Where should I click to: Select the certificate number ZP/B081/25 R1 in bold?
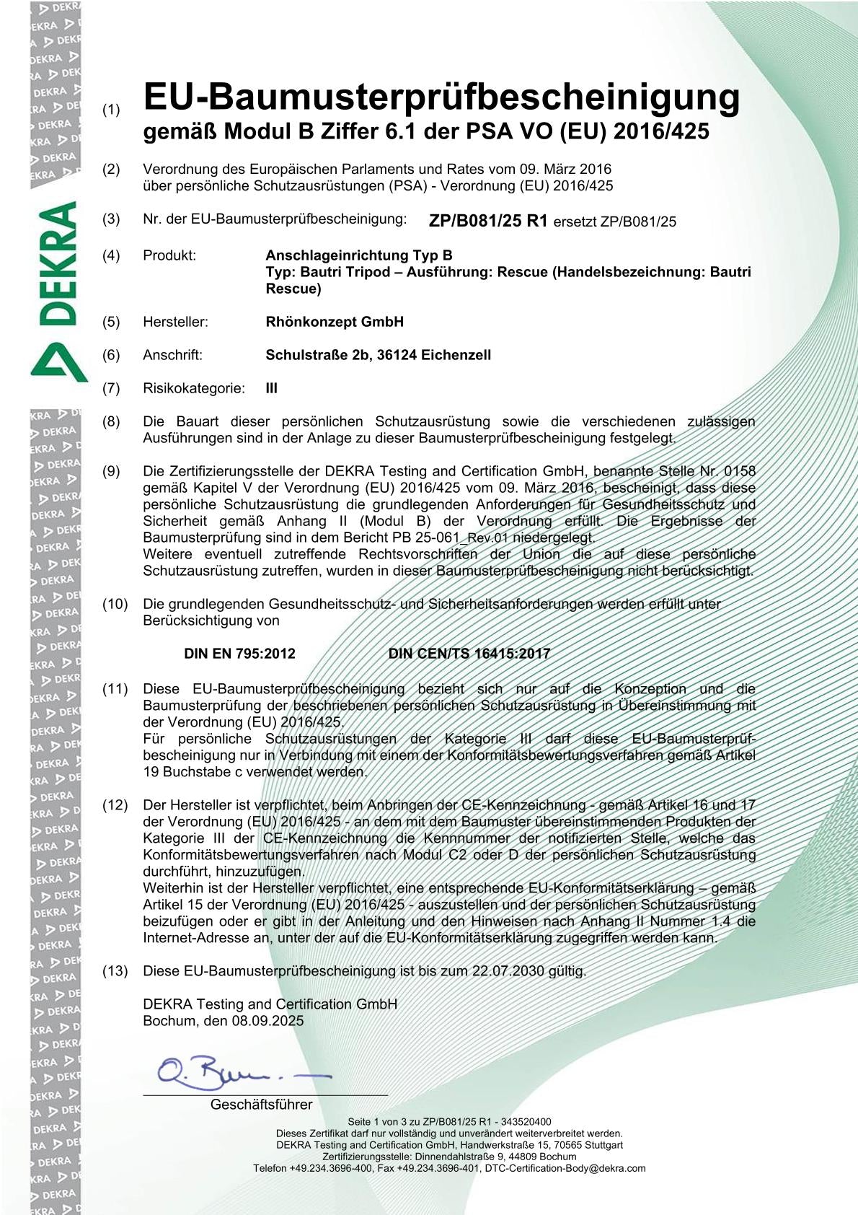point(488,221)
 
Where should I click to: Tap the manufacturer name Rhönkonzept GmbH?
point(335,322)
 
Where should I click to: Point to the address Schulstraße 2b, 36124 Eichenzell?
point(378,355)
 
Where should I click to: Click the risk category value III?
point(272,388)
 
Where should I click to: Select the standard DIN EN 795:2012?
point(239,654)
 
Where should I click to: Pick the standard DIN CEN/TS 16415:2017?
point(469,654)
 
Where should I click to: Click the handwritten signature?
point(238,1073)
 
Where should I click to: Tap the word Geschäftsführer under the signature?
point(261,1105)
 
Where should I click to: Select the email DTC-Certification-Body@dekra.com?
point(565,1168)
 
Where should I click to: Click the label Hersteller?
point(175,322)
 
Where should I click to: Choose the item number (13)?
point(115,971)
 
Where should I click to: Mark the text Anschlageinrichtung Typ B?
point(359,255)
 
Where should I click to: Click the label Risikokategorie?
point(193,388)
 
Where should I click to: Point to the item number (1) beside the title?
point(111,110)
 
